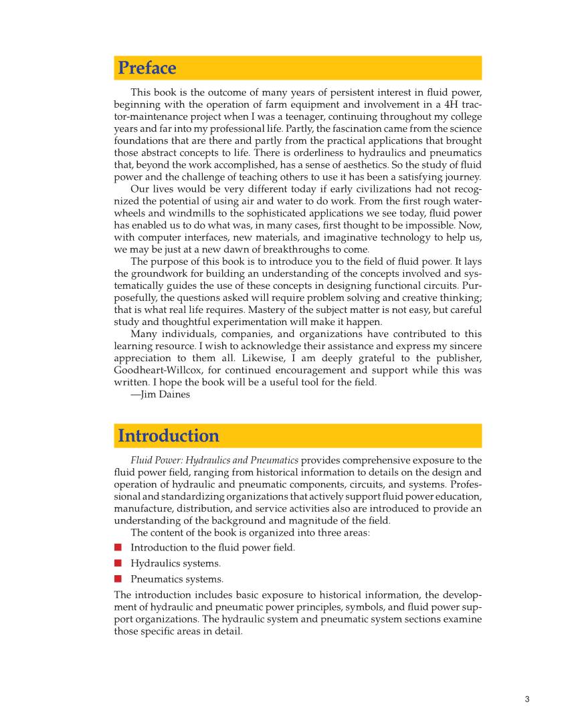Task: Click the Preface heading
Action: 147,68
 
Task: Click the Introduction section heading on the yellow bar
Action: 169,436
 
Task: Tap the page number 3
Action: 527,700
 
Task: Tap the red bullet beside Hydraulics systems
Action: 118,563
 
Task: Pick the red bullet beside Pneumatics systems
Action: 118,579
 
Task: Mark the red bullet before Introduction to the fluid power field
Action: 118,547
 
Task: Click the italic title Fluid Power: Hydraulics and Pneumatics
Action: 215,460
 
